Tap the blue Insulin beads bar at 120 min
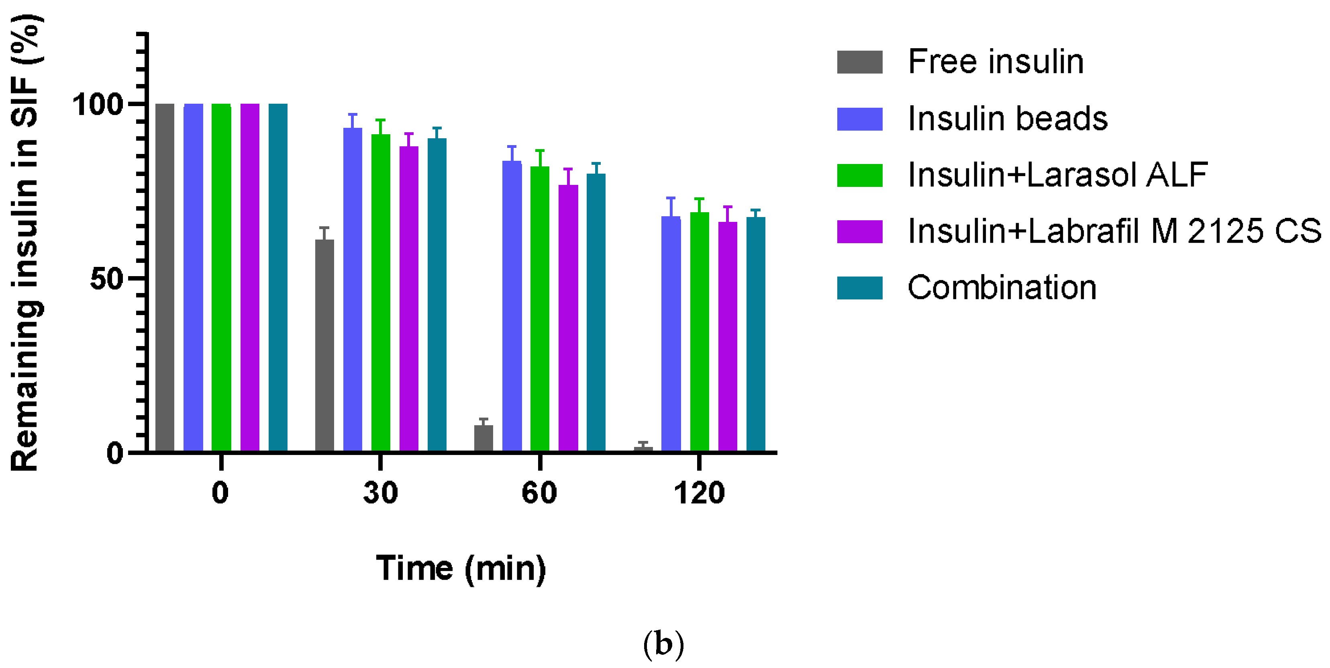coord(671,334)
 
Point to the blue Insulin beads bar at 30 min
coord(353,289)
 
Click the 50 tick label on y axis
coord(106,279)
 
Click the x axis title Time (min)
coord(461,568)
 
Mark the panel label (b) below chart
coord(663,644)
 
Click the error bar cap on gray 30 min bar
coord(324,227)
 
